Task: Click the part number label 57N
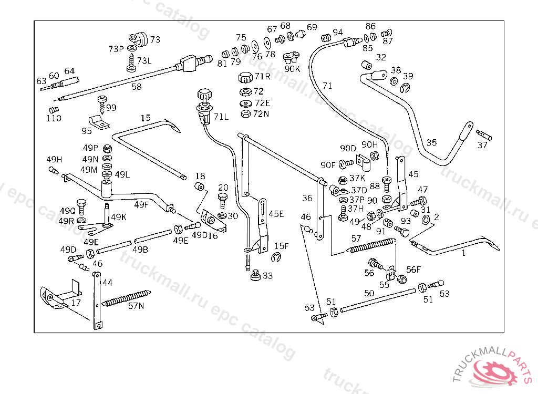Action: pos(136,306)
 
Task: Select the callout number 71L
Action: pos(221,117)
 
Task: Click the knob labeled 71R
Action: pos(245,78)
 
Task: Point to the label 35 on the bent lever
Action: pos(431,142)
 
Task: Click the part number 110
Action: pos(54,118)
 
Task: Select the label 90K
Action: pos(292,68)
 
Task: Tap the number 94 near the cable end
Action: pos(337,32)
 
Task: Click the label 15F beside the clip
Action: pos(281,245)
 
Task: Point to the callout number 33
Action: pos(268,275)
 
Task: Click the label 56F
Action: pos(413,269)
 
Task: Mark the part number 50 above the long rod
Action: pos(369,293)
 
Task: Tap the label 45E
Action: pos(276,214)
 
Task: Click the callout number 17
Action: pos(76,303)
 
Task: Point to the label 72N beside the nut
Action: pos(261,113)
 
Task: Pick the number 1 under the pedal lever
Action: pos(463,253)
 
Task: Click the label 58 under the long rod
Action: pos(137,87)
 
